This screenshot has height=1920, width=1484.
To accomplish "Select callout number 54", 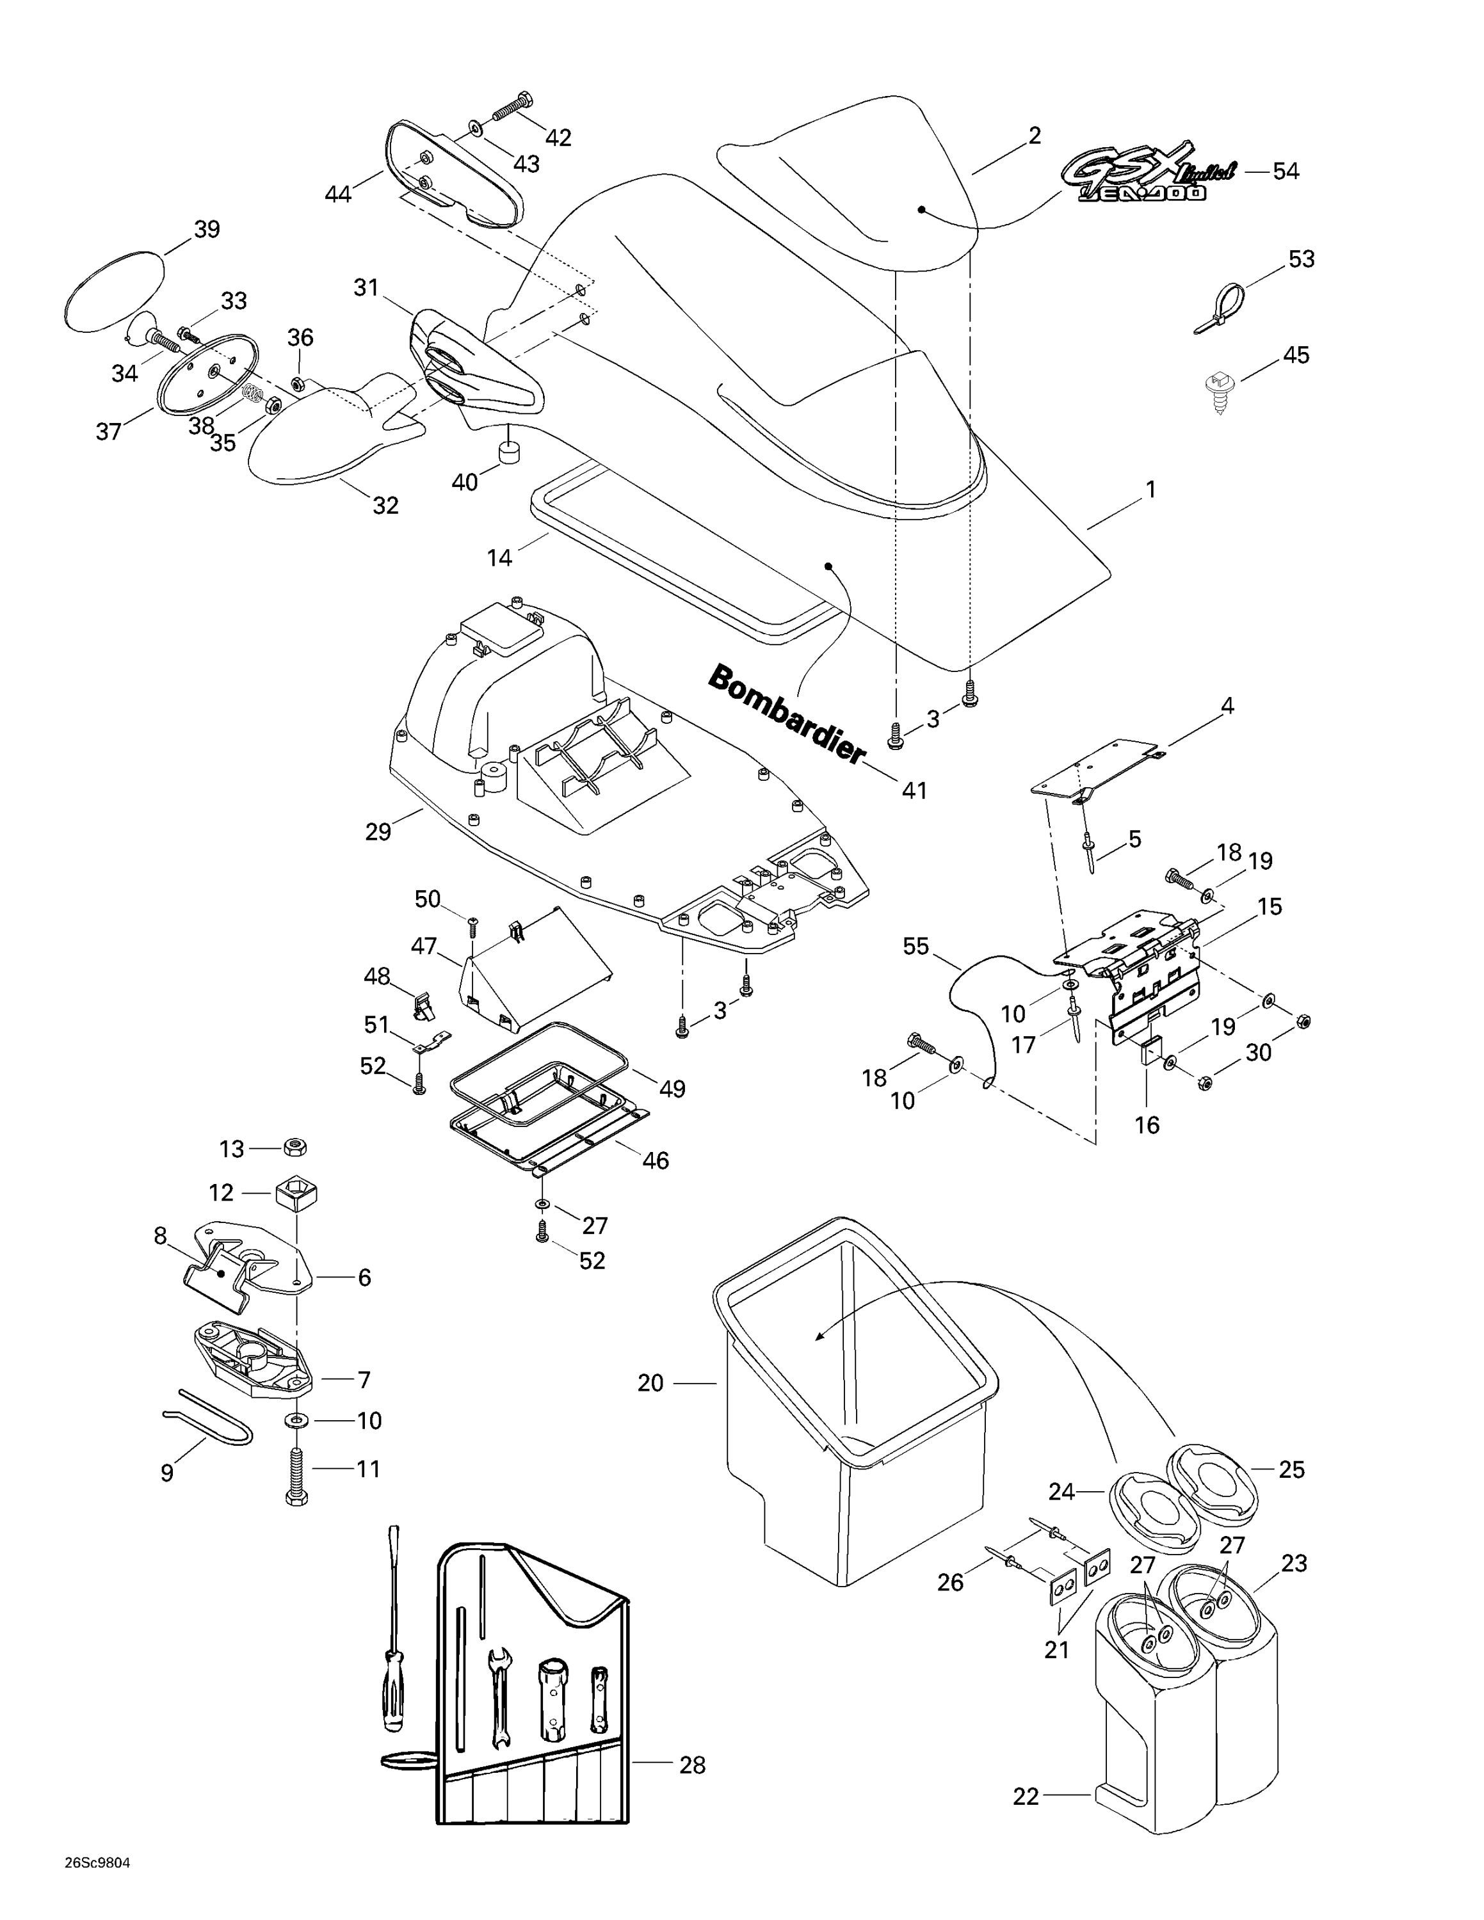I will click(x=1286, y=172).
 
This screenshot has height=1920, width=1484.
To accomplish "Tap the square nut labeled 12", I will click(x=296, y=1193).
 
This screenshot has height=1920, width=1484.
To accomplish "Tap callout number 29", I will click(x=378, y=831).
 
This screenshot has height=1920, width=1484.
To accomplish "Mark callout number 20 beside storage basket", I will click(x=650, y=1384).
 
